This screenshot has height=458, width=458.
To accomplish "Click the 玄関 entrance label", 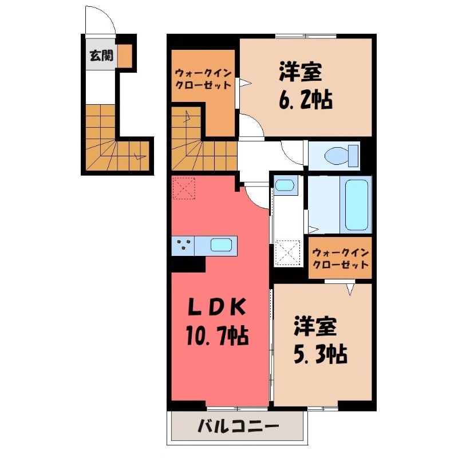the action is pos(101,55).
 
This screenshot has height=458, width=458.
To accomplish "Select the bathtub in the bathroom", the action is pos(356,205).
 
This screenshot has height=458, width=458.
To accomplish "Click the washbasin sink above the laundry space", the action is pos(285,185).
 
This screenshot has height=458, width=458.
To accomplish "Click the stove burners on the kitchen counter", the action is pos(183,244).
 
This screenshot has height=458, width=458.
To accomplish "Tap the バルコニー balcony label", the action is pos(238,427).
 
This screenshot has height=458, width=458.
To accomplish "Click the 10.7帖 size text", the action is pos(216,335).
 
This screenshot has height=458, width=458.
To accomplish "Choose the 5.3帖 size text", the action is pos(321,354).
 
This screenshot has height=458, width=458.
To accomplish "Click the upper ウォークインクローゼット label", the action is pos(203,79).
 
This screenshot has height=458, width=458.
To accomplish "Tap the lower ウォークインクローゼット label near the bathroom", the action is pos(340,258).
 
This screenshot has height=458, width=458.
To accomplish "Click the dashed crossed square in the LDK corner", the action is pos(183,188).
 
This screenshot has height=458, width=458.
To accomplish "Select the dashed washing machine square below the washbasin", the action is pos(288,252).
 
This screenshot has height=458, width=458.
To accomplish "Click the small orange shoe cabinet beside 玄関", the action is pos(125,56).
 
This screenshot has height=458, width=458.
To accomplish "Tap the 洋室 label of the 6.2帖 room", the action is pos(300,72).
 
